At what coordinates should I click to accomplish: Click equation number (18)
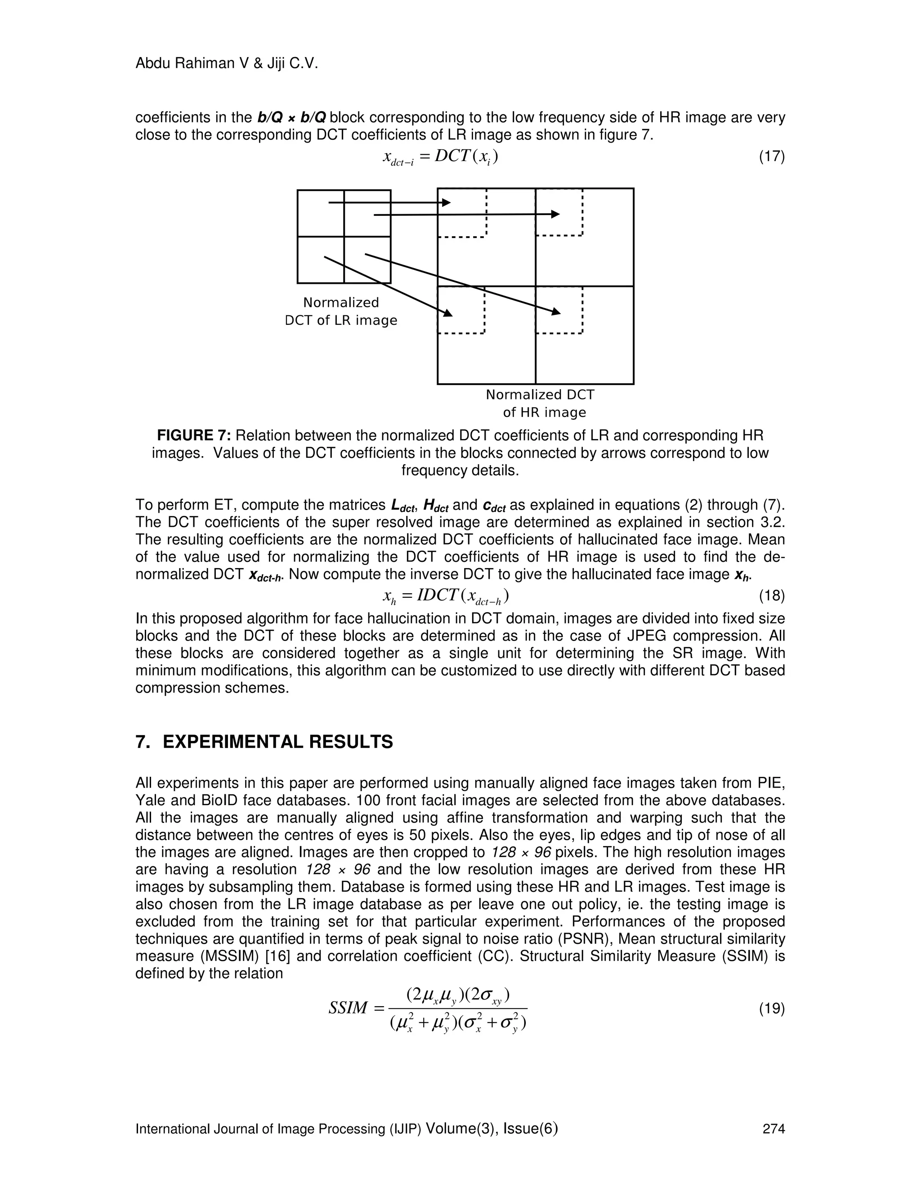click(772, 596)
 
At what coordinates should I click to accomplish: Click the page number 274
click(773, 1129)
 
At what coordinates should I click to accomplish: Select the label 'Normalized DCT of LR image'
click(341, 311)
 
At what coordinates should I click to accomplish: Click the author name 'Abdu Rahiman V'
click(186, 64)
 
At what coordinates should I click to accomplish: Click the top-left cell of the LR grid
click(321, 213)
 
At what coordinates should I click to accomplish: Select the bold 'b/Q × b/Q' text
click(292, 117)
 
